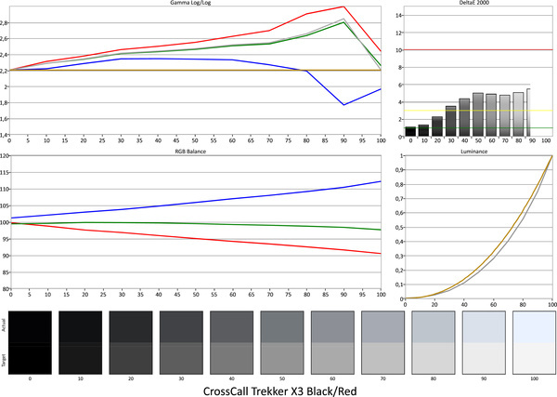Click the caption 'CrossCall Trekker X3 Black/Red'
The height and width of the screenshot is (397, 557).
tap(278, 389)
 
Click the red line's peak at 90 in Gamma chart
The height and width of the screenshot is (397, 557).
tap(344, 7)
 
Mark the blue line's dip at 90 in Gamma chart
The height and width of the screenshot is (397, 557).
tap(344, 104)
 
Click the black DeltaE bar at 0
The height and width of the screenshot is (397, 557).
tap(410, 132)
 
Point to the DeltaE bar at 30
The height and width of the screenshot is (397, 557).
tap(450, 121)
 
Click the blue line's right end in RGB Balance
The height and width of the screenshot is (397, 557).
tap(381, 181)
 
